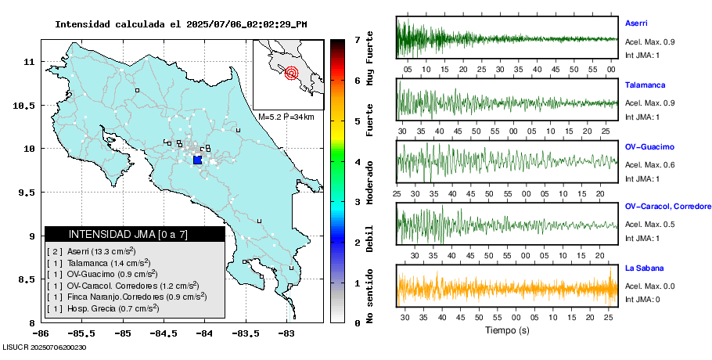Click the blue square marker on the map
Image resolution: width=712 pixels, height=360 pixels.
[x=197, y=160]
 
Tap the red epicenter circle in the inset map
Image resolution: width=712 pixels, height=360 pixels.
[x=292, y=74]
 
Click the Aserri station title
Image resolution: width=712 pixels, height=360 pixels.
[x=636, y=23]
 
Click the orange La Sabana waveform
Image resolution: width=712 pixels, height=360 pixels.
[x=507, y=288]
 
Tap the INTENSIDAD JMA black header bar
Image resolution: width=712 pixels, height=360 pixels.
[x=135, y=234]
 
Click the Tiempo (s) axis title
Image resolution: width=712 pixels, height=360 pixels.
[x=508, y=331]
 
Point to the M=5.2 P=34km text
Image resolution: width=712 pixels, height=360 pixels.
[x=286, y=117]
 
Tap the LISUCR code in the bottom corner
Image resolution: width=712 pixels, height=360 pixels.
[x=44, y=347]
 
